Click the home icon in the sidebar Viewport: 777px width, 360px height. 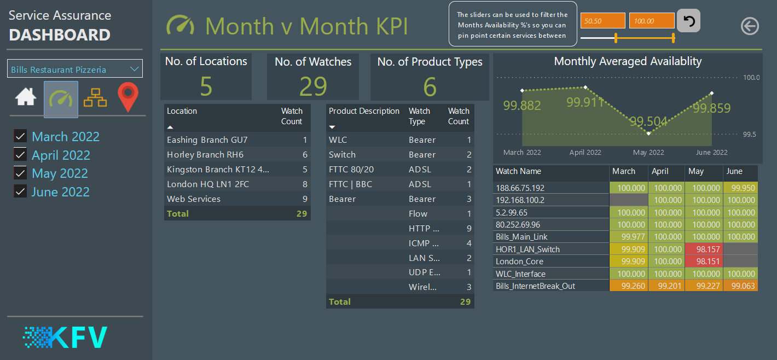pyautogui.click(x=26, y=97)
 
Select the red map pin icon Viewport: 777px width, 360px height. pyautogui.click(x=128, y=98)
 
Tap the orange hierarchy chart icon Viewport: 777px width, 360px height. pyautogui.click(x=95, y=98)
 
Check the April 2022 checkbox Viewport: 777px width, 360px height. pyautogui.click(x=20, y=155)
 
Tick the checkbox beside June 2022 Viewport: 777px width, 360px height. pyautogui.click(x=20, y=192)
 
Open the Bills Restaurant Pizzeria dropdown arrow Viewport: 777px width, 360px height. pyautogui.click(x=134, y=69)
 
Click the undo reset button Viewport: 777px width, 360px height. pyautogui.click(x=688, y=21)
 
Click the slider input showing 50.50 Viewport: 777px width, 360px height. pyautogui.click(x=602, y=21)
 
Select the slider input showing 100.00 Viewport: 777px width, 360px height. pyautogui.click(x=652, y=21)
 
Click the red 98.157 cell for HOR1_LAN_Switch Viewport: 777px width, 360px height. pyautogui.click(x=704, y=249)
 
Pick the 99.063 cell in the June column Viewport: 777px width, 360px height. pyautogui.click(x=740, y=286)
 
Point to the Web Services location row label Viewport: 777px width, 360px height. pyautogui.click(x=194, y=199)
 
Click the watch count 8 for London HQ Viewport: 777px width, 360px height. pyautogui.click(x=305, y=184)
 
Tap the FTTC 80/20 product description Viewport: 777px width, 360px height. pyautogui.click(x=351, y=170)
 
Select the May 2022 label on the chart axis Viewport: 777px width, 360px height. pyautogui.click(x=648, y=153)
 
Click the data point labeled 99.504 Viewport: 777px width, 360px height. pyautogui.click(x=649, y=133)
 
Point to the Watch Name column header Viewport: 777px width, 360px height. pyautogui.click(x=518, y=171)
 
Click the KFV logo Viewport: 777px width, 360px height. pyautogui.click(x=65, y=338)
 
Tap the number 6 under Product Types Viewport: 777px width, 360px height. pyautogui.click(x=430, y=86)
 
